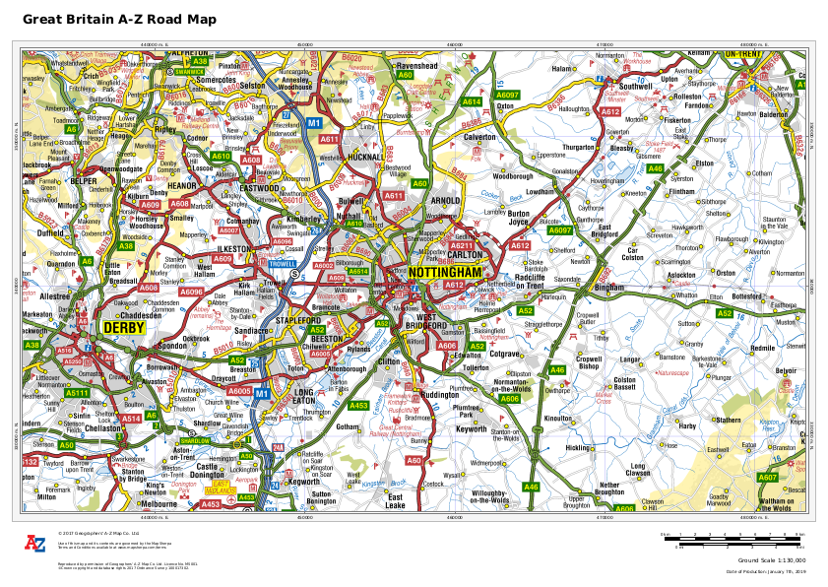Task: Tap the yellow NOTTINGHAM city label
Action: click(x=446, y=272)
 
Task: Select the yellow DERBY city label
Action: click(x=123, y=326)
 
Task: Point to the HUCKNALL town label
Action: click(x=366, y=157)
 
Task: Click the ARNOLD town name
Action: click(x=445, y=200)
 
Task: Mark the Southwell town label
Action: click(x=637, y=86)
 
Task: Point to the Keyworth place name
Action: click(x=471, y=428)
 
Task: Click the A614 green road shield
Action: click(x=472, y=101)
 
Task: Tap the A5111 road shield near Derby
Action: click(x=77, y=393)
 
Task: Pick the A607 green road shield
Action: click(x=767, y=478)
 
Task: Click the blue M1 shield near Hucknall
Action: click(x=314, y=122)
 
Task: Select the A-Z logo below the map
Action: click(x=35, y=544)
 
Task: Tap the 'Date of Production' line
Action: click(x=765, y=571)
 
